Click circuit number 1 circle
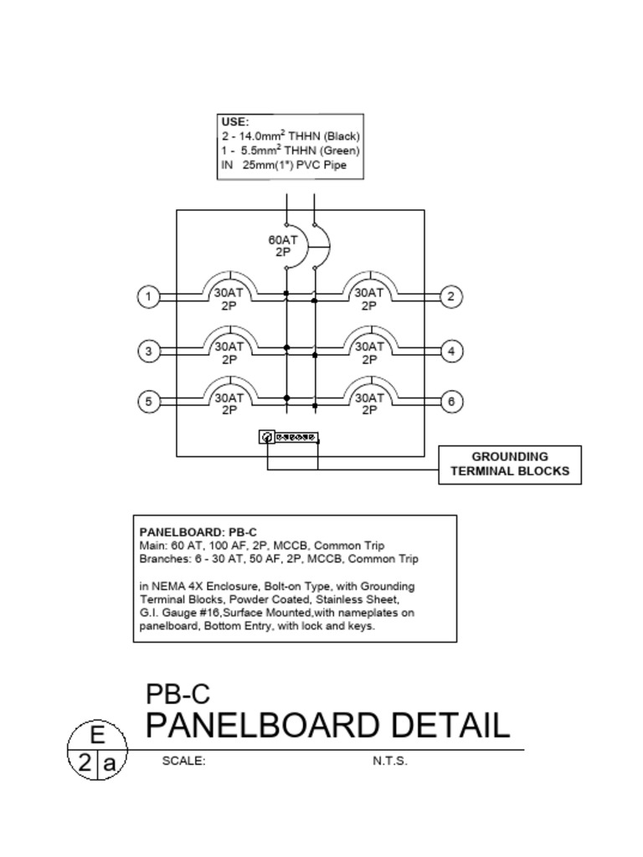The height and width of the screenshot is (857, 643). (x=148, y=296)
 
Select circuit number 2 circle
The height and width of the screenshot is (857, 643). (x=451, y=296)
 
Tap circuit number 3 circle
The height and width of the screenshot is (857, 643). (x=148, y=352)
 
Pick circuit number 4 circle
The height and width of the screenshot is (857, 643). (x=451, y=352)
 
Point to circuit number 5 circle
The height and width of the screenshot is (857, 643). (x=148, y=402)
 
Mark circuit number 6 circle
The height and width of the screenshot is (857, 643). (x=451, y=402)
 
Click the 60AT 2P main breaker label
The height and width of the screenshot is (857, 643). (x=283, y=245)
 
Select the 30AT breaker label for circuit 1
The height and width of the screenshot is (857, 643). (x=229, y=300)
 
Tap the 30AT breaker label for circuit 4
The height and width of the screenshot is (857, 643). (x=368, y=352)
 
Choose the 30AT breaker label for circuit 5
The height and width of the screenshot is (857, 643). (x=229, y=404)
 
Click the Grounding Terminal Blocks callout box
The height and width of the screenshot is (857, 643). (x=510, y=464)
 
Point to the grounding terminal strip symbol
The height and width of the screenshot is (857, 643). (x=290, y=437)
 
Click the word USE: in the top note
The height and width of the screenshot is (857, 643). (x=234, y=122)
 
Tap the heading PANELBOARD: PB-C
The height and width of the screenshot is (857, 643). (x=198, y=531)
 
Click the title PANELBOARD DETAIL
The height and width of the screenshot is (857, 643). (x=327, y=725)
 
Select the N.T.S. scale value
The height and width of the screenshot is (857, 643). (x=390, y=762)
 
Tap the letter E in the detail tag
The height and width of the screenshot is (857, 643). (x=97, y=736)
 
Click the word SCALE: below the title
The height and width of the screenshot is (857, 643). (x=183, y=762)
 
